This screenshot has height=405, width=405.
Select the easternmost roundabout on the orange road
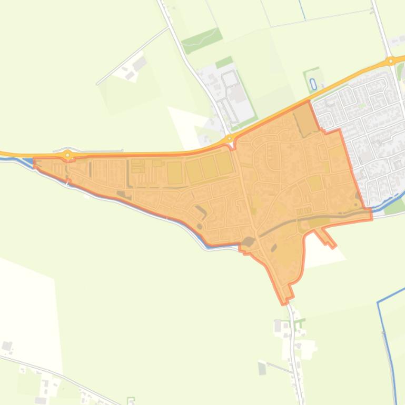click(x=390, y=61)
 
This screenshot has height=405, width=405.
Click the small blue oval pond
click(x=313, y=83)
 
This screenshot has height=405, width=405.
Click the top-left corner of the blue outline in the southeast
click(x=378, y=303)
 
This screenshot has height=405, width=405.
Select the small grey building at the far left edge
click(x=7, y=346)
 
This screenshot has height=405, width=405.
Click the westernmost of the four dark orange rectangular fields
click(x=174, y=173)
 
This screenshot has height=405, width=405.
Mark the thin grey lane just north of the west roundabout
click(x=95, y=136)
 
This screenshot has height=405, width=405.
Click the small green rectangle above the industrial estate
click(x=224, y=63)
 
